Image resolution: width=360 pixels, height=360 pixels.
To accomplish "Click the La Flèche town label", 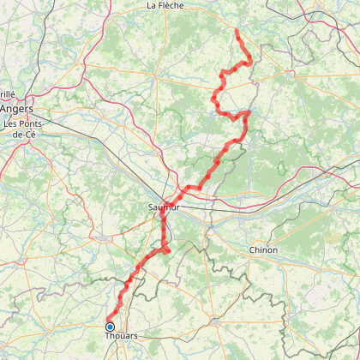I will pos(165,5).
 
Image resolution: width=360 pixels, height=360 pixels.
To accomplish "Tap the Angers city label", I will pos(16,109).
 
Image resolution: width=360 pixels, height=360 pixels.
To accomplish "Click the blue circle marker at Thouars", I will pos(110,327).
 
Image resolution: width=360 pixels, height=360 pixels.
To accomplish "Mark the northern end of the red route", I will pos(236,31).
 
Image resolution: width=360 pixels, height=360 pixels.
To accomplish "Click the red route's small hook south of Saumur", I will pos(168,250).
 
